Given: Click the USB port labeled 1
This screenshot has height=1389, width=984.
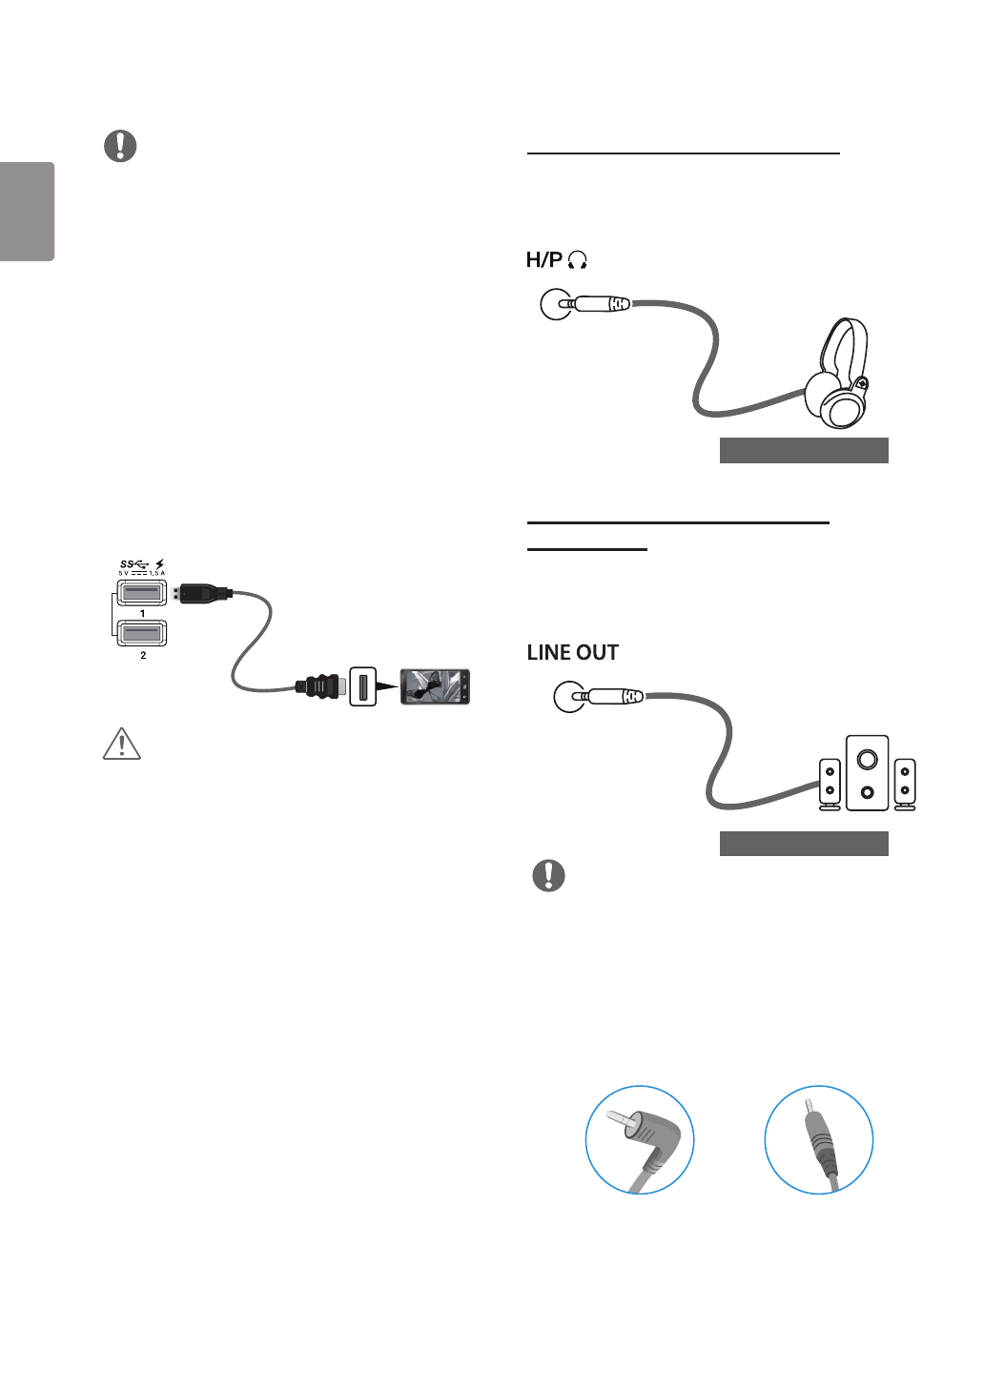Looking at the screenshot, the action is (142, 592).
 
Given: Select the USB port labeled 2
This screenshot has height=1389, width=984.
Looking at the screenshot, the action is (142, 633).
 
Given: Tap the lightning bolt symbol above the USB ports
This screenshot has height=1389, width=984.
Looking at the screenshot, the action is (159, 564).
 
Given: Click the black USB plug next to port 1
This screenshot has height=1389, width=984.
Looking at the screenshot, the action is (203, 592).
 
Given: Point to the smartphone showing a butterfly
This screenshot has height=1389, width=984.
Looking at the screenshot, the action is (435, 686).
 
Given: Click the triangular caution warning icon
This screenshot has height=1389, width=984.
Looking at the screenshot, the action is (121, 744).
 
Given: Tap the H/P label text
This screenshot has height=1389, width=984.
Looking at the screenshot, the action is (543, 259).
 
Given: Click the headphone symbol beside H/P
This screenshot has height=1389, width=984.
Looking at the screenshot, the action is (577, 260).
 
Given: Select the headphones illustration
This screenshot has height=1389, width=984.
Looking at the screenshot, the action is (838, 374).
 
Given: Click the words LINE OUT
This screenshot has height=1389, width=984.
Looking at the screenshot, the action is (572, 652).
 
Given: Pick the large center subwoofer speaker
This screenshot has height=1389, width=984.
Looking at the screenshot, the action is (867, 772).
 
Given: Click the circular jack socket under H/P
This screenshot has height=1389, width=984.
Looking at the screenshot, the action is (555, 304).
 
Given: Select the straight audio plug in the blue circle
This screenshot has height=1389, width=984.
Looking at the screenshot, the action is (820, 1139).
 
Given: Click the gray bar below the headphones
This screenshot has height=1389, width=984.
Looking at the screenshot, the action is (803, 450).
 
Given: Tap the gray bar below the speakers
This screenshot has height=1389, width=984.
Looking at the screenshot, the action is (803, 843).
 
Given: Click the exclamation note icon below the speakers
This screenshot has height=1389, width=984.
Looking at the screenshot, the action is (548, 875).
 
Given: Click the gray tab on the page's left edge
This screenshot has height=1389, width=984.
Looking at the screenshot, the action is (27, 212).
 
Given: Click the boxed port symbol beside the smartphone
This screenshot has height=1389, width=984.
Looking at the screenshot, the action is (362, 686).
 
